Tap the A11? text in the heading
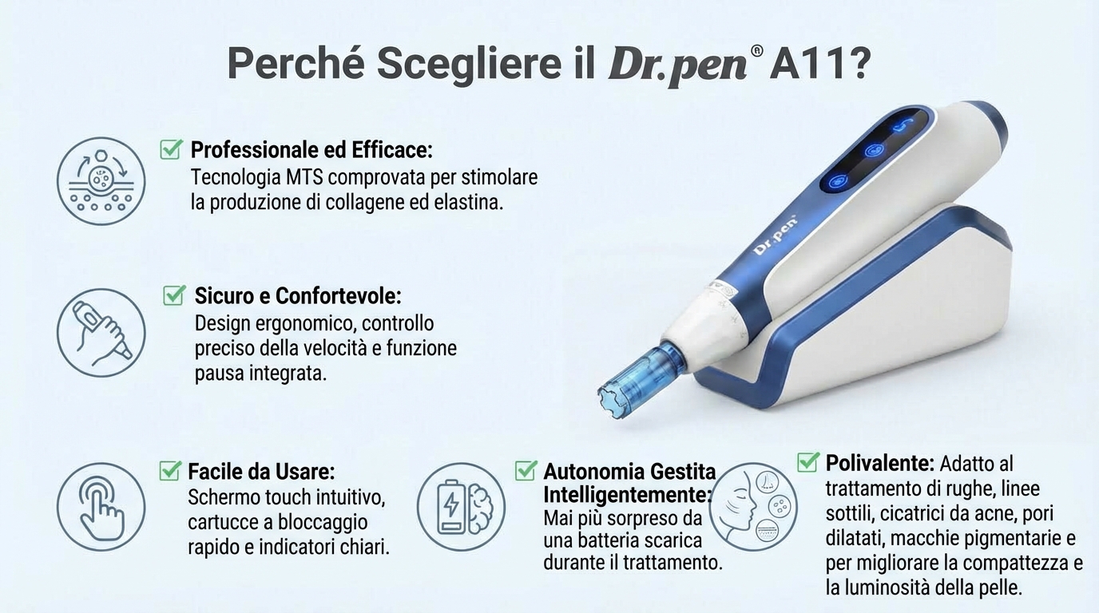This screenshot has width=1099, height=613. (x=820, y=63)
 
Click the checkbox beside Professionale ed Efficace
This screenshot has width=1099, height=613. (x=171, y=148)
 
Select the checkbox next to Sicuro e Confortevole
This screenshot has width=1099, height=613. (x=174, y=295)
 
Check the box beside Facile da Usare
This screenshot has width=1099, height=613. (x=170, y=470)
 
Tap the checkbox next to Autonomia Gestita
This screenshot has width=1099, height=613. (x=526, y=470)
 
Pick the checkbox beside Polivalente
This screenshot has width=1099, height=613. (x=808, y=461)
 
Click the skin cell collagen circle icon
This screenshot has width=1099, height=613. (x=101, y=181)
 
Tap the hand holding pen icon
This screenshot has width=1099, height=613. (x=101, y=333)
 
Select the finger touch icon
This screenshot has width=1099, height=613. (x=101, y=507)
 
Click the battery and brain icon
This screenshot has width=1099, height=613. (x=461, y=507)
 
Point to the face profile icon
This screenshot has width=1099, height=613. (x=753, y=507)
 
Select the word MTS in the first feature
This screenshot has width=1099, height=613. (x=304, y=177)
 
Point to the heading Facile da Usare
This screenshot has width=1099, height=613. (x=261, y=471)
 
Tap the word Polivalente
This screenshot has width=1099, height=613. (x=879, y=462)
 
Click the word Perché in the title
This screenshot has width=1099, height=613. (x=296, y=63)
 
